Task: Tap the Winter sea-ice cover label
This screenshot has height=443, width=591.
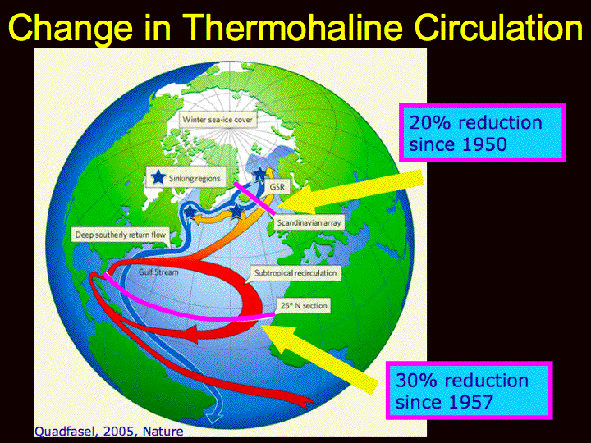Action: (218, 120)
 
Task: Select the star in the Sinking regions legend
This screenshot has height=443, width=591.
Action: (158, 177)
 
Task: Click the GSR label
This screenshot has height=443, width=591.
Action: (277, 187)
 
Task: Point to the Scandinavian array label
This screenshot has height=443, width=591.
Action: (309, 222)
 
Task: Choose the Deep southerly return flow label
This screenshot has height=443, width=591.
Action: (120, 235)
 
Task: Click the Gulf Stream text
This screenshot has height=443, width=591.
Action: (158, 272)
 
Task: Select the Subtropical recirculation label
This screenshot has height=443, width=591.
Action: (295, 272)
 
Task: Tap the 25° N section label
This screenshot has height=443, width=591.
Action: (304, 305)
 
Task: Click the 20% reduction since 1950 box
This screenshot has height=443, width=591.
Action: (483, 133)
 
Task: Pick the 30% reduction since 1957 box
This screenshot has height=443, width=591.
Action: (470, 390)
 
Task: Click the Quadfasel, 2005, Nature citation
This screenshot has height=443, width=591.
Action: (109, 431)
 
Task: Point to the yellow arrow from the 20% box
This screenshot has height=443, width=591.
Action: (350, 192)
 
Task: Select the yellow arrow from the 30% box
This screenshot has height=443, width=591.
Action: (319, 359)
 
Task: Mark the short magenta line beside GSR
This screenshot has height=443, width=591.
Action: (254, 198)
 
